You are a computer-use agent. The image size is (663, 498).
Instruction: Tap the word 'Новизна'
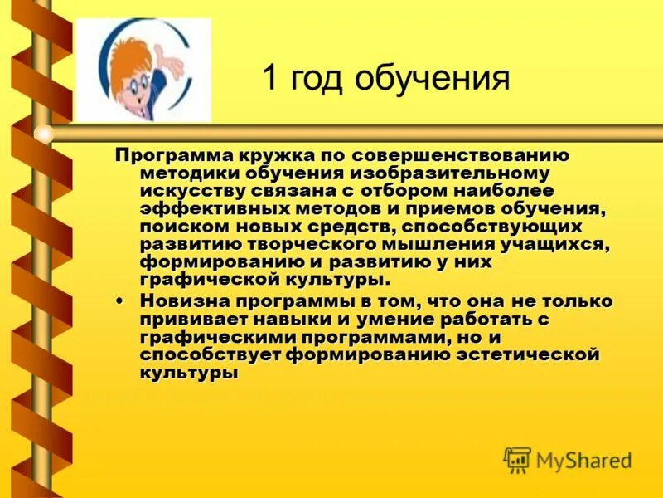point(179,301)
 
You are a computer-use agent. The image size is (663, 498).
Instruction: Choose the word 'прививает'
point(187,319)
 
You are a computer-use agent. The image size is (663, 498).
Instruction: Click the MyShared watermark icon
point(516,459)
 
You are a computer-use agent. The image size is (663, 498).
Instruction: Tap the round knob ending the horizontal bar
point(44,133)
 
